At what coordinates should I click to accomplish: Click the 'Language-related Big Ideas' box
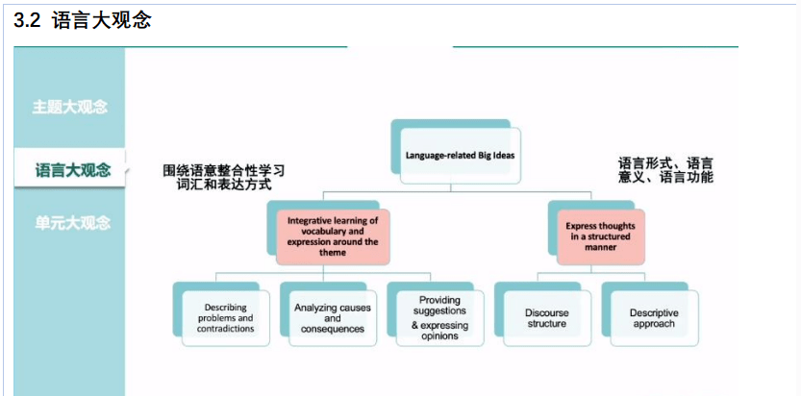coord(461,156)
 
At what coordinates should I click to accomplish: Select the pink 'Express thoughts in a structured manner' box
coord(601,236)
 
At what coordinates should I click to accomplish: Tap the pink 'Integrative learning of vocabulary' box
coord(333,236)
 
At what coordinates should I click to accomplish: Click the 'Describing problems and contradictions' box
coord(226,318)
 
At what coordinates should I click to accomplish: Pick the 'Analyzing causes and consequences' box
coord(333,318)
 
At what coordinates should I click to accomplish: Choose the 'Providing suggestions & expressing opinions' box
coord(439,318)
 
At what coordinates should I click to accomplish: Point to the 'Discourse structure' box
coord(547,318)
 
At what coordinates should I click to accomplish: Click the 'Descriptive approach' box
coord(655,318)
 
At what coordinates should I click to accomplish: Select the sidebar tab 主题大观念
coord(70,107)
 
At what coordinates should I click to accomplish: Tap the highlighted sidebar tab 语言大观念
coord(73,169)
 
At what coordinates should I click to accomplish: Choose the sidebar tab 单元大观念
coord(72,223)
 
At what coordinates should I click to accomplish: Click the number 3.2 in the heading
coord(27,21)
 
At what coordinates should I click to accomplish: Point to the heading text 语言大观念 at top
coord(102,21)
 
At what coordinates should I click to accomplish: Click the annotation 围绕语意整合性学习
coord(224,170)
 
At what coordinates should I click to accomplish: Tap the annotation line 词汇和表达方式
coord(224,185)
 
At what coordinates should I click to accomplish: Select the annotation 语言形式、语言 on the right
coord(665,163)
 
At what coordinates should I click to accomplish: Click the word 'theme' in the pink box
coord(333,253)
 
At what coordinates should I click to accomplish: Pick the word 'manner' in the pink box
coord(601,248)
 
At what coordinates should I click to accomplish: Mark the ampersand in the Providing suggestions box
coord(415,326)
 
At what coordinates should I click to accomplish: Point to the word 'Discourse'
coord(546,312)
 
